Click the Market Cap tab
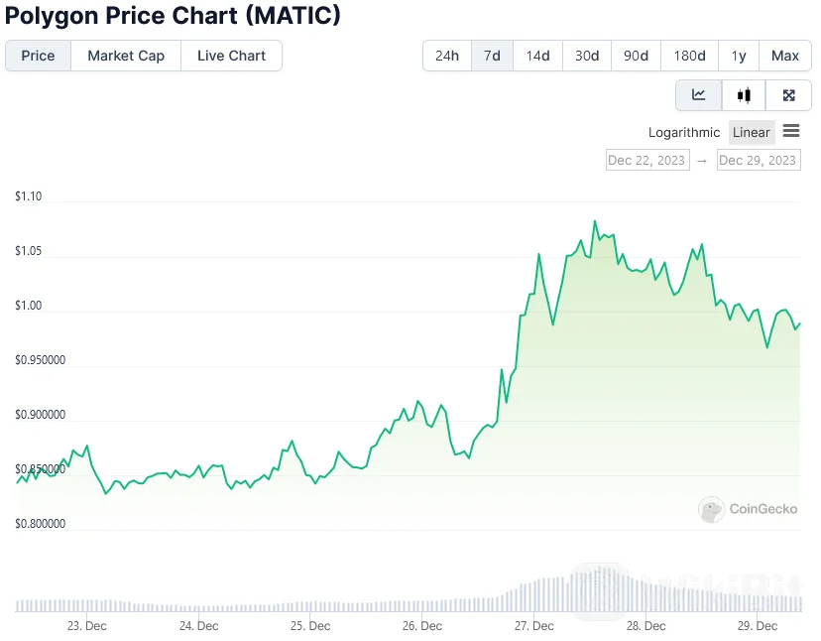pyautogui.click(x=126, y=56)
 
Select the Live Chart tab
pyautogui.click(x=231, y=56)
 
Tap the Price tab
pyautogui.click(x=38, y=56)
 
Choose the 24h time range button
pyautogui.click(x=447, y=56)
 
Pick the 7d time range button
pyautogui.click(x=492, y=56)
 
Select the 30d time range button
pyautogui.click(x=587, y=56)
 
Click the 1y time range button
pyautogui.click(x=739, y=56)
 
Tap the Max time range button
pyautogui.click(x=785, y=56)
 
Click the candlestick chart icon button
pyautogui.click(x=744, y=95)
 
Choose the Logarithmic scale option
pyautogui.click(x=684, y=132)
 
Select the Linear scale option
pyautogui.click(x=751, y=132)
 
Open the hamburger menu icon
pyautogui.click(x=791, y=131)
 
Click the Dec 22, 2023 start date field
pyautogui.click(x=646, y=160)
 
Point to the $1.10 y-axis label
pyautogui.click(x=29, y=196)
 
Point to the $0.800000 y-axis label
pyautogui.click(x=41, y=524)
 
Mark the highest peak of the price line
pyautogui.click(x=595, y=221)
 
